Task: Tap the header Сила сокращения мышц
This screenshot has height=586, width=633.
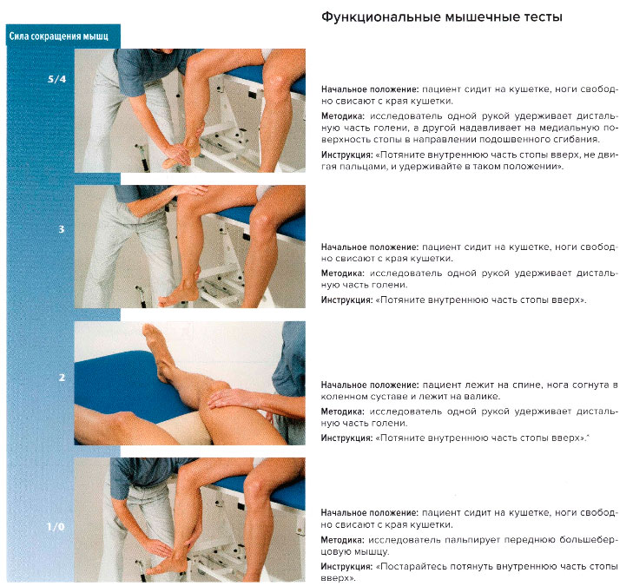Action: tap(63, 36)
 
